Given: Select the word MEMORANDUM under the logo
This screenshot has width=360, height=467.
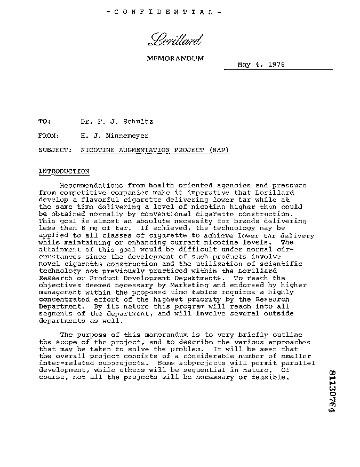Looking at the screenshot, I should [x=175, y=58].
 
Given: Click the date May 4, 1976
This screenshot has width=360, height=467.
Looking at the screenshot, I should [x=261, y=65].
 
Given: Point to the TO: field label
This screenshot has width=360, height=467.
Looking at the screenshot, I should [x=45, y=122].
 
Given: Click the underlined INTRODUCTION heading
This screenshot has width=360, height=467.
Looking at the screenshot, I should [x=64, y=171].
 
